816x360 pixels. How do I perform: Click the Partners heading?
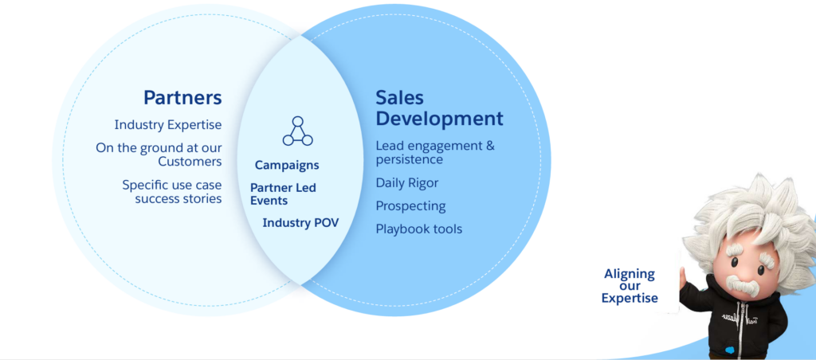click(182, 97)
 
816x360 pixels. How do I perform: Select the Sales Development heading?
click(439, 108)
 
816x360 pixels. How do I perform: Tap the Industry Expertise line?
click(168, 125)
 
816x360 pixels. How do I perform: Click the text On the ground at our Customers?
click(159, 155)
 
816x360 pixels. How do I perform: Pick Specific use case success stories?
click(172, 191)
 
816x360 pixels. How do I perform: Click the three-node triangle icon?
click(298, 131)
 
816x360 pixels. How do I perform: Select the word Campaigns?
click(287, 166)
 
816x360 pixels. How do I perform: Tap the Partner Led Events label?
click(283, 194)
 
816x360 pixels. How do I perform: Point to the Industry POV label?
click(300, 223)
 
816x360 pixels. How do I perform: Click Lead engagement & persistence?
click(435, 152)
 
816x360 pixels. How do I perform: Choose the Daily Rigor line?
click(407, 183)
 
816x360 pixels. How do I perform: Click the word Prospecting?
click(410, 206)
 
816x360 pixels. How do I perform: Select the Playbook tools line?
click(419, 229)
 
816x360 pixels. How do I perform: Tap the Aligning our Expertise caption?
click(630, 286)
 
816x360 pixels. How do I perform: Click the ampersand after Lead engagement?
click(489, 146)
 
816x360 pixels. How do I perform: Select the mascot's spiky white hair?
click(749, 213)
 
